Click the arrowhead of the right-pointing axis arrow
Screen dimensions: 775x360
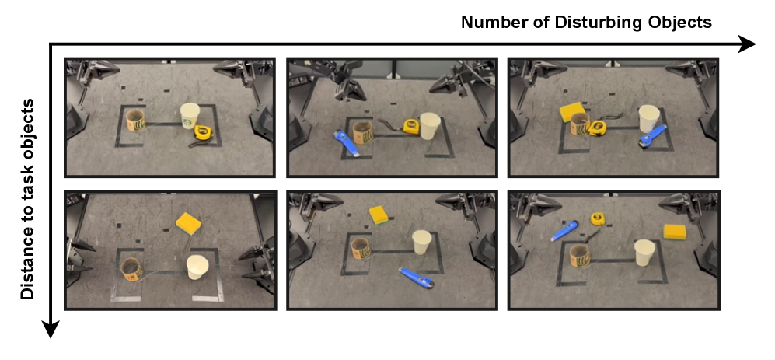pyautogui.click(x=747, y=44)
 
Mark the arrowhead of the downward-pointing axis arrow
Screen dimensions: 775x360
pyautogui.click(x=51, y=330)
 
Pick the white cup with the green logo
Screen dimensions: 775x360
pyautogui.click(x=190, y=116)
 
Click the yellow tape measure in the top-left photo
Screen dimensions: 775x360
pyautogui.click(x=203, y=132)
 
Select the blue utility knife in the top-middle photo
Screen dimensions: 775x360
pyautogui.click(x=347, y=143)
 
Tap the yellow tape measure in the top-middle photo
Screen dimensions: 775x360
pyautogui.click(x=410, y=127)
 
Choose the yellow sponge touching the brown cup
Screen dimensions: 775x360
pyautogui.click(x=571, y=113)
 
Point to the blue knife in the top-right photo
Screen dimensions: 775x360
pyautogui.click(x=651, y=137)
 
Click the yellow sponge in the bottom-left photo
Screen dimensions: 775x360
pyautogui.click(x=189, y=223)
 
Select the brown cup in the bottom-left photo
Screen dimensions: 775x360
pyautogui.click(x=132, y=270)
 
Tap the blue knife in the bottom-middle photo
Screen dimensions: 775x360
pyautogui.click(x=417, y=278)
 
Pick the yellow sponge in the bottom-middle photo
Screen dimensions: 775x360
pyautogui.click(x=379, y=215)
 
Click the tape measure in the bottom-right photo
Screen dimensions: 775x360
pyautogui.click(x=598, y=218)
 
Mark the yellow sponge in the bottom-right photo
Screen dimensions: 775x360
pyautogui.click(x=675, y=232)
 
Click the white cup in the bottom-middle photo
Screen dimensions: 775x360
pyautogui.click(x=421, y=242)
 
